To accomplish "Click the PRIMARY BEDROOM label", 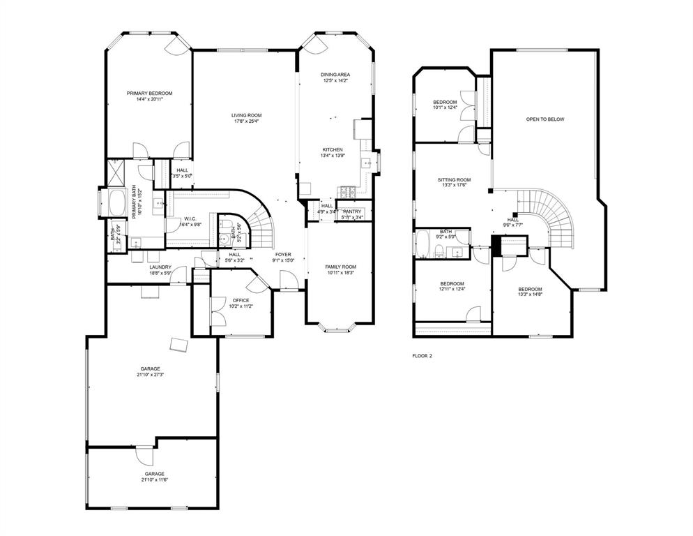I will click(x=149, y=93).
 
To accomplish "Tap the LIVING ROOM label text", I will click(x=246, y=115).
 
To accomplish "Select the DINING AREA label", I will click(x=335, y=74).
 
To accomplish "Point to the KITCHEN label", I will click(x=332, y=149).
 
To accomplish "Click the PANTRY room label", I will click(x=352, y=211).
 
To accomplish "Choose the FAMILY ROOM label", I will click(x=340, y=267).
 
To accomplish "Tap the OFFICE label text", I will click(x=241, y=300).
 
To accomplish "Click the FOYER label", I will click(x=282, y=254).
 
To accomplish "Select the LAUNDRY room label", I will click(x=160, y=267).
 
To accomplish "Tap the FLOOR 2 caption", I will click(x=422, y=356).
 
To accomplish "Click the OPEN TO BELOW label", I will click(x=544, y=119).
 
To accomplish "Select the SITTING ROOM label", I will click(x=454, y=180).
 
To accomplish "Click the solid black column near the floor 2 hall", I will click(x=496, y=245).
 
